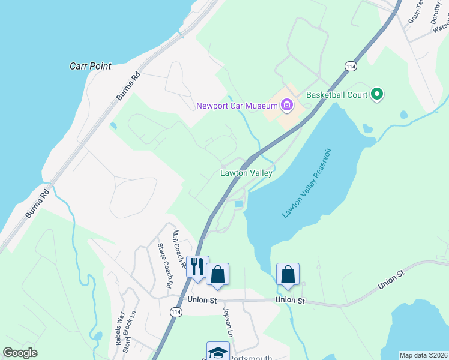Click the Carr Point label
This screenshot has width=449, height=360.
coord(91,66)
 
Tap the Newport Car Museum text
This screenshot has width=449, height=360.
coord(237,106)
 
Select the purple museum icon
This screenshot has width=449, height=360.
coord(287,106)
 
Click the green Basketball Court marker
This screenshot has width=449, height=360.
coord(377,94)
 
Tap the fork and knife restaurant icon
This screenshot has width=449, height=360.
coord(197,266)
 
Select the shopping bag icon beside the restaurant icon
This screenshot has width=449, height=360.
coord(217,274)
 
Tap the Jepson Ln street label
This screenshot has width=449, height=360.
coord(228,322)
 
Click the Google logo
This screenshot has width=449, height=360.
coord(20,353)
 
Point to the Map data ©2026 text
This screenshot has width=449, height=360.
coord(423,355)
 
